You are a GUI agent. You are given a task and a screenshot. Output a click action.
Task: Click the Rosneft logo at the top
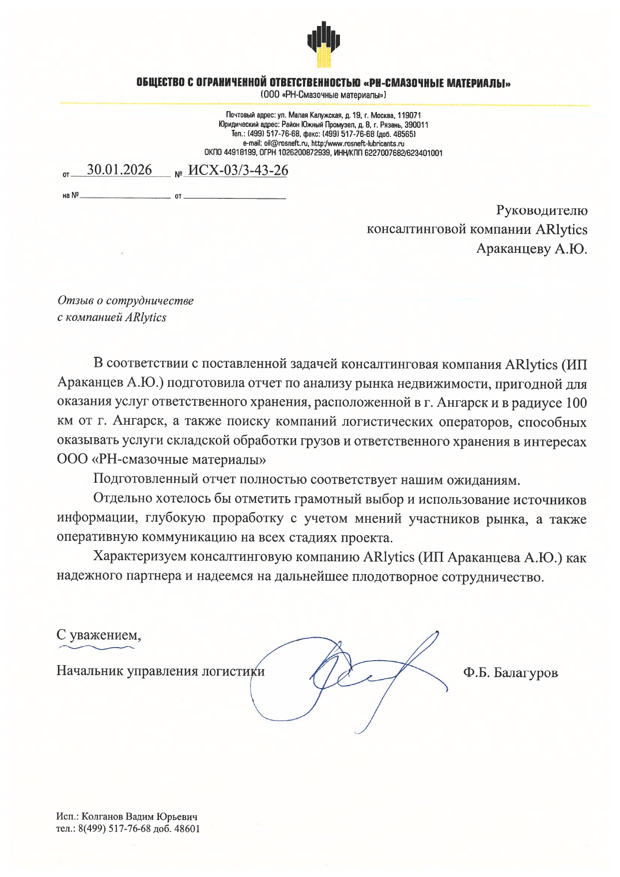point(324,44)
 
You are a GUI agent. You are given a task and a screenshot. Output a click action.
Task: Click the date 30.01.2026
point(119,170)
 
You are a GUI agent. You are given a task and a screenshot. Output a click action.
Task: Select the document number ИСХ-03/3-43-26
point(238,170)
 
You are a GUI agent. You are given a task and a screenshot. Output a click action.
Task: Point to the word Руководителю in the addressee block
point(542,210)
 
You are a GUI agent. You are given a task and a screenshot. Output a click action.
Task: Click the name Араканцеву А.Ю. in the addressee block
point(532,248)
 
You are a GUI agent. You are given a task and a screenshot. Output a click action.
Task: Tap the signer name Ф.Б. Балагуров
point(510,673)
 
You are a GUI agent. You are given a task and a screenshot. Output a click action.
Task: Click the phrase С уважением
point(98,635)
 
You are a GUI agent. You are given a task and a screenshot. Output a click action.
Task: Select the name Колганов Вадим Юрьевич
point(139,817)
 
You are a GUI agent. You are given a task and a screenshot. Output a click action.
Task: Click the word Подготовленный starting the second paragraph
point(146,479)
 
